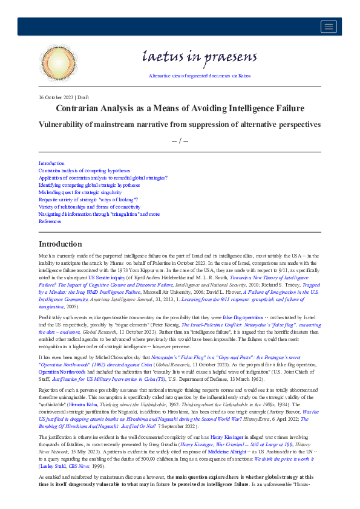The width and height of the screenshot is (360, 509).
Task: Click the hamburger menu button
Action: pos(329,26)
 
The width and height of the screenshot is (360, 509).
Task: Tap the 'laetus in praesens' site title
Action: pos(191,57)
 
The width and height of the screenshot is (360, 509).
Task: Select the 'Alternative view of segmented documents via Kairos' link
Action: pos(191,76)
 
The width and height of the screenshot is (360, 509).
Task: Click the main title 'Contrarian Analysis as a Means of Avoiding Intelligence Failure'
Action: pos(180,108)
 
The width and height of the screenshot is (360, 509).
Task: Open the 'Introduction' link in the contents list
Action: pos(51,163)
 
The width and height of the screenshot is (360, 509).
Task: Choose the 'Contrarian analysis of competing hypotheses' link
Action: pos(84,170)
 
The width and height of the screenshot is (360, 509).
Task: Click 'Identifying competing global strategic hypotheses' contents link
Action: pos(89,185)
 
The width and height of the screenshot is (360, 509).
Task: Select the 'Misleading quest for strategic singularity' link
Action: pos(80,192)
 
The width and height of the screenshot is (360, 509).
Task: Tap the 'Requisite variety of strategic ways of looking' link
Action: pos(88,199)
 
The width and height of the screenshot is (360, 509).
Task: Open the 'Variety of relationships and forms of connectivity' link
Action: pos(90,207)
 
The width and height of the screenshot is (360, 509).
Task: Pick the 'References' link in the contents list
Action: pos(50,221)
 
